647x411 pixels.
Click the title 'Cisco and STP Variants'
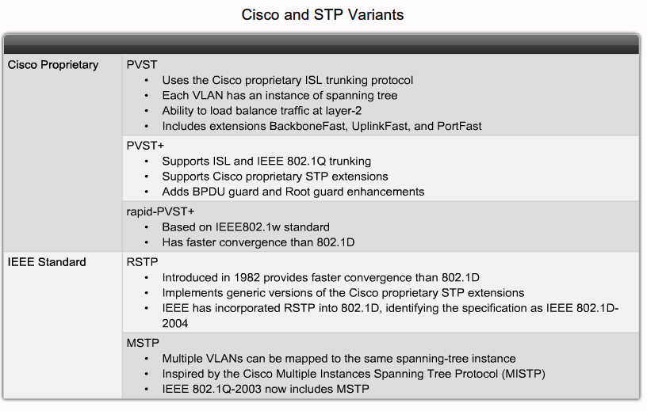pyautogui.click(x=322, y=15)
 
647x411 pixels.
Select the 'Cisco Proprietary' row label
pyautogui.click(x=53, y=65)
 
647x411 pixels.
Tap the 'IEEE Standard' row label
pyautogui.click(x=47, y=262)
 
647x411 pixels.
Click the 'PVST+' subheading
pyautogui.click(x=145, y=146)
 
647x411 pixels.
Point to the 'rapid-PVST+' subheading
pyautogui.click(x=160, y=212)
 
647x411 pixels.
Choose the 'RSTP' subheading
pyautogui.click(x=142, y=262)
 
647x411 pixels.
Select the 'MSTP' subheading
pyautogui.click(x=143, y=343)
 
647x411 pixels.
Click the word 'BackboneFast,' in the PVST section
pyautogui.click(x=308, y=126)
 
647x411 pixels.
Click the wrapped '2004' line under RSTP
pyautogui.click(x=175, y=324)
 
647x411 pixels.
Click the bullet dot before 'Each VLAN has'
pyautogui.click(x=147, y=96)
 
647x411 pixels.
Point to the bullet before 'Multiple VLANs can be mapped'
pyautogui.click(x=147, y=359)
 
